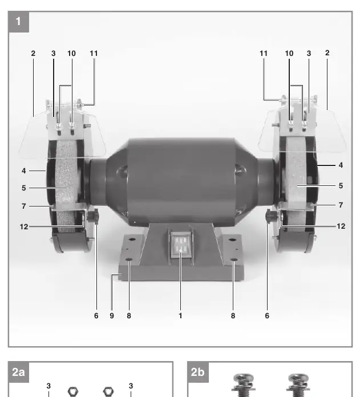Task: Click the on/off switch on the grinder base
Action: click(180, 244)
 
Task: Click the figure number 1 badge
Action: click(19, 22)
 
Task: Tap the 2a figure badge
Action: click(19, 372)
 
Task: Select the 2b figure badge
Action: click(198, 372)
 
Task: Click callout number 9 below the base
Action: click(112, 316)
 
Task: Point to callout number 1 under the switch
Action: click(180, 316)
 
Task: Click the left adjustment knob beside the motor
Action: click(93, 216)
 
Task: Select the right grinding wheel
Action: click(296, 184)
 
